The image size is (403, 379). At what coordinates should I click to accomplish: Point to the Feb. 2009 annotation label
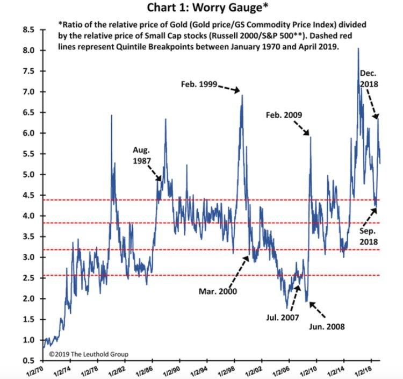tap(284, 115)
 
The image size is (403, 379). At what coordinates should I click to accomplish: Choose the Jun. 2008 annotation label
tap(326, 326)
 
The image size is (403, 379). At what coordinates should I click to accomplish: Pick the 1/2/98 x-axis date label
tap(224, 370)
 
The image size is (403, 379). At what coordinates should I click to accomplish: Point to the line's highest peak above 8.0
tap(358, 49)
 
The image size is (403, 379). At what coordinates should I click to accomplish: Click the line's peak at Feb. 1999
tap(242, 96)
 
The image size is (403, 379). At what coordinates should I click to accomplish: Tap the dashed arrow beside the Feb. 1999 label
tap(229, 88)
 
